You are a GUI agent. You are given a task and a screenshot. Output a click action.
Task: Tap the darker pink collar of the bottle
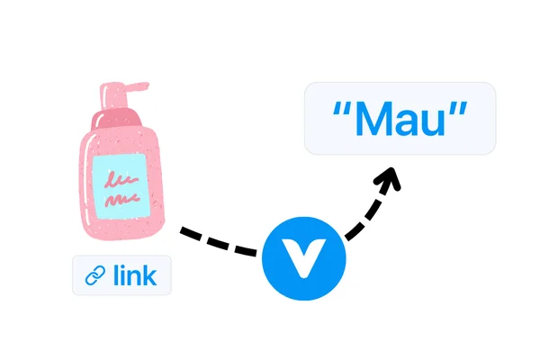tap(116, 119)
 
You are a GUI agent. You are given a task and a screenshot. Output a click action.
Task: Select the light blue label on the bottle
tap(121, 186)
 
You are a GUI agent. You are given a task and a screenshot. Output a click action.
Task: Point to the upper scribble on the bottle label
tap(121, 179)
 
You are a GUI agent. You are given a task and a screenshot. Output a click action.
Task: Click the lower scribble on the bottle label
tap(122, 200)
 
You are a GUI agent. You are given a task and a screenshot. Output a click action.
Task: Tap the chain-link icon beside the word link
tap(95, 275)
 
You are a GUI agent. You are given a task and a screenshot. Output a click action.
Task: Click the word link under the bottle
tap(135, 274)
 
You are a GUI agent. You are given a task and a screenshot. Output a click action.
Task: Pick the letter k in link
tap(149, 274)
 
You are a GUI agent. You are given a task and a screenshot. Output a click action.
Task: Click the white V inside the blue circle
tap(303, 259)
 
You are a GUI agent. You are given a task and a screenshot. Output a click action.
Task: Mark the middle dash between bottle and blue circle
tap(218, 242)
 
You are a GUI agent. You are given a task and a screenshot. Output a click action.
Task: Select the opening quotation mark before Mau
tap(342, 109)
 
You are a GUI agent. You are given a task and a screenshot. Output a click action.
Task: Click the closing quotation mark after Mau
tap(458, 109)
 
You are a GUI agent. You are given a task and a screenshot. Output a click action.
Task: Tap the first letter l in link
tap(116, 274)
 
